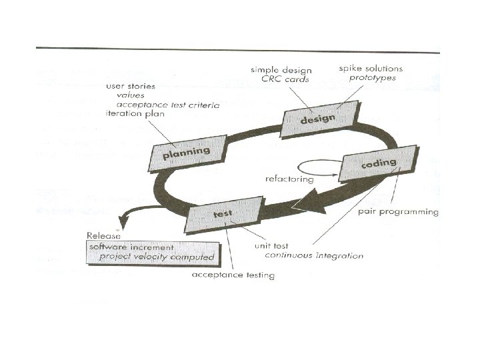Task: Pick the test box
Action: [221, 215]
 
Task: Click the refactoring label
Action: [289, 179]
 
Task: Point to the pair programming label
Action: [398, 212]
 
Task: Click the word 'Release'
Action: [104, 235]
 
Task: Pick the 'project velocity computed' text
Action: [157, 257]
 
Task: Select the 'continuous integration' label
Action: [314, 255]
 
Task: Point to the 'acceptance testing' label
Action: [233, 275]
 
